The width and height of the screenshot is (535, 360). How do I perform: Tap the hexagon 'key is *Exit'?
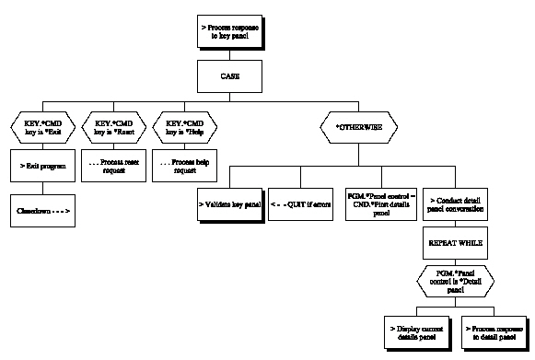click(41, 125)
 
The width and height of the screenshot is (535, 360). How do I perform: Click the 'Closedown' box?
click(41, 211)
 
